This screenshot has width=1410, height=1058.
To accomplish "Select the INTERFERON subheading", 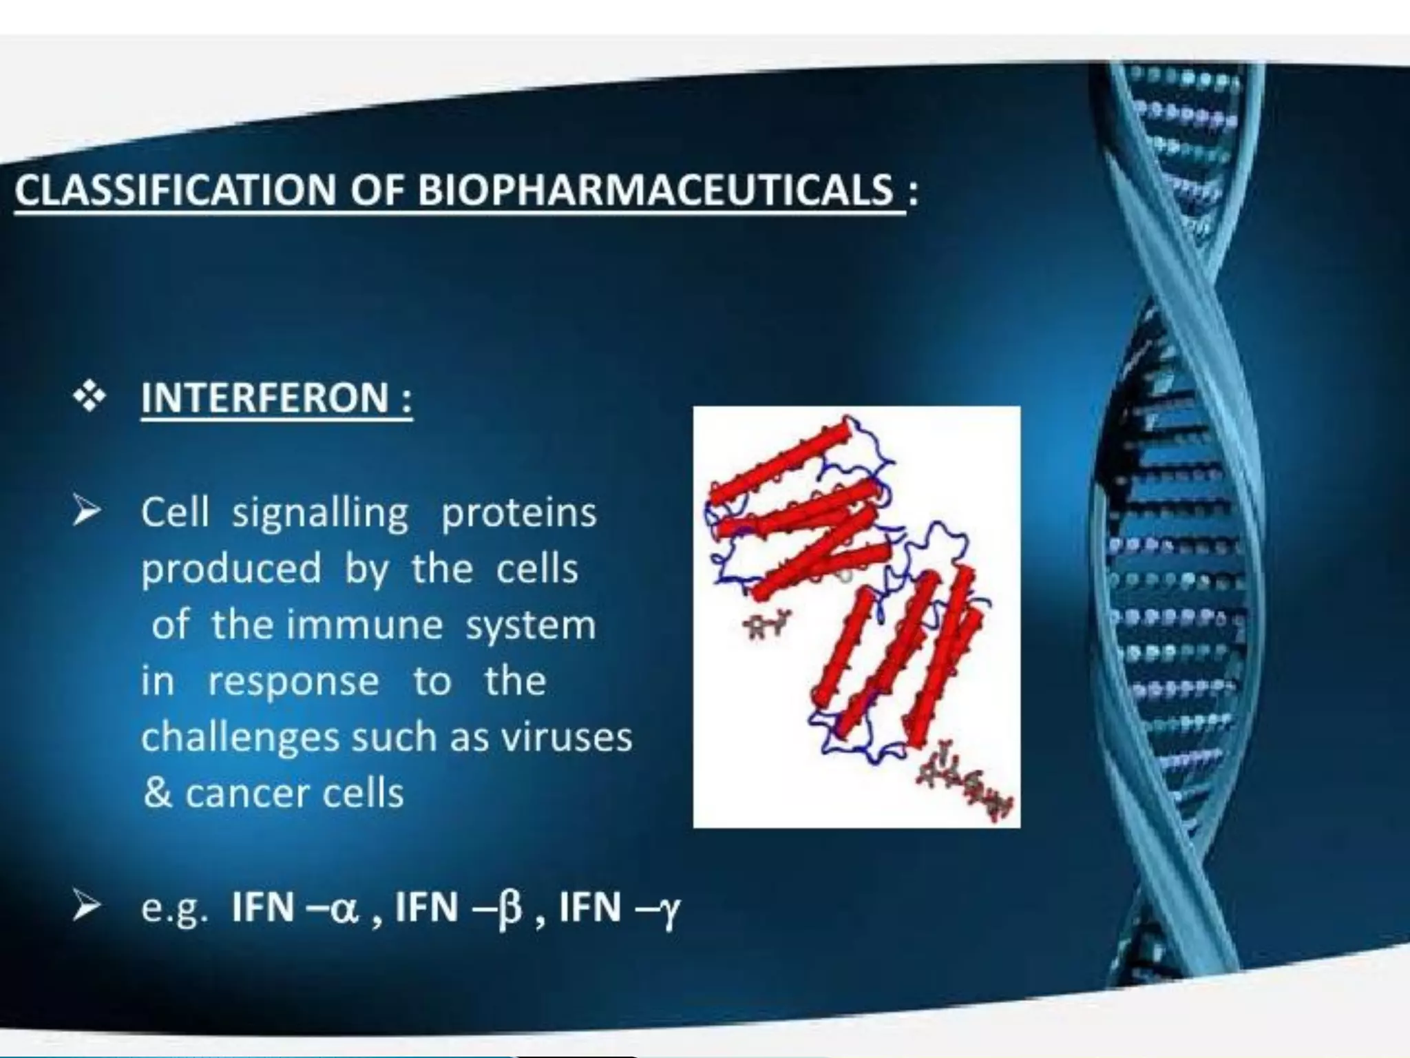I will pos(276,397).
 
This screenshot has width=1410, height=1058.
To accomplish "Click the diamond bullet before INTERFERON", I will pos(90,397).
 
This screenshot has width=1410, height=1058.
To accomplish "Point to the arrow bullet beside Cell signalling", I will pos(88,512).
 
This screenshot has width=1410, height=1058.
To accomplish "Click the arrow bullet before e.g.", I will pos(88,906).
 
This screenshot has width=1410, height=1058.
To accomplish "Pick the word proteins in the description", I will pos(518,514).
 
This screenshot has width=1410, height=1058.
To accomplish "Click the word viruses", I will pos(566,737).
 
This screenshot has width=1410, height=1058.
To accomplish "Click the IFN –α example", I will pos(296,906).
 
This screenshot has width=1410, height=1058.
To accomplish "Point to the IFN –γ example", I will pos(619,906).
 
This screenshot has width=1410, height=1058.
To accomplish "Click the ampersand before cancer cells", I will pos(157,793).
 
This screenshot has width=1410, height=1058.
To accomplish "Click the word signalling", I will pos(320,514).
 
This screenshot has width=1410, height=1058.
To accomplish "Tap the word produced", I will pos(231,570).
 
